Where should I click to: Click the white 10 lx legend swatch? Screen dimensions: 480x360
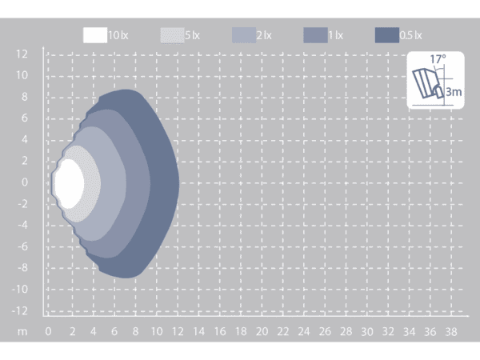coord(95,35)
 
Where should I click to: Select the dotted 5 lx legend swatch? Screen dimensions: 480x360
coord(172,35)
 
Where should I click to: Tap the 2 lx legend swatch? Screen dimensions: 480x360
coord(244,35)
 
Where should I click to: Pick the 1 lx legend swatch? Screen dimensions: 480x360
coord(316,35)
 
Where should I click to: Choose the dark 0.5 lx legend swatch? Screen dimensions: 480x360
coord(387,35)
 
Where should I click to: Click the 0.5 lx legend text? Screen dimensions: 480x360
coord(411,35)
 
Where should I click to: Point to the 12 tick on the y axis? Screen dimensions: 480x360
coord(22,54)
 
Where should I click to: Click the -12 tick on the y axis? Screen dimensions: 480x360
coord(19,311)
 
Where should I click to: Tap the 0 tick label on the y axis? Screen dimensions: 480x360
coord(25,182)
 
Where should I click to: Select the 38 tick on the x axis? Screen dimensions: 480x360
coord(451,331)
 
